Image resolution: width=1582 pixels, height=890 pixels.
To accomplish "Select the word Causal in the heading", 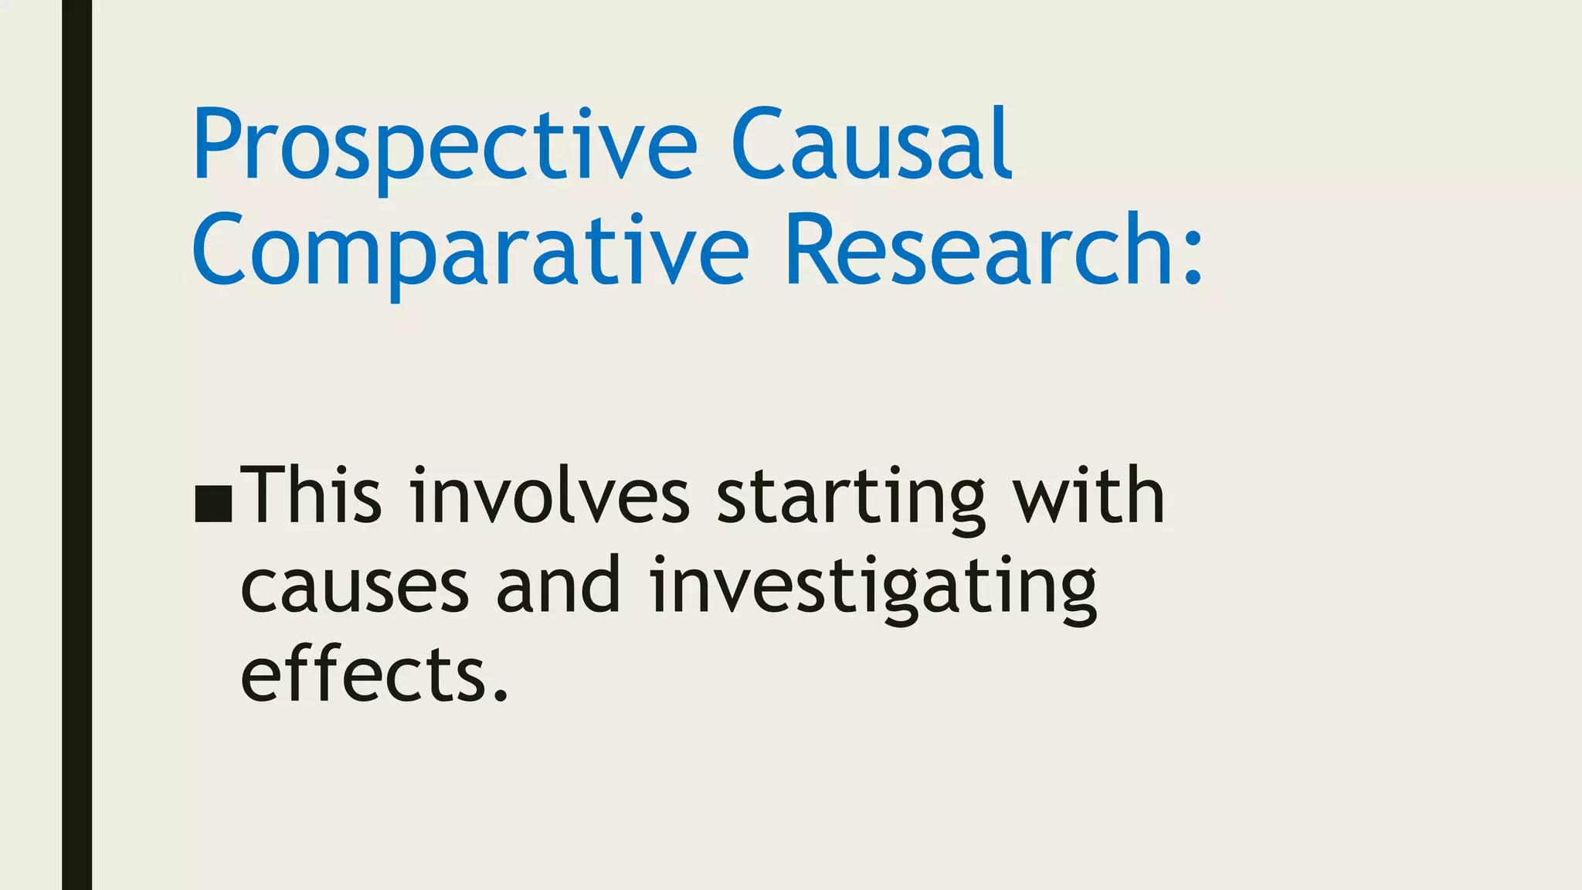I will click(871, 144).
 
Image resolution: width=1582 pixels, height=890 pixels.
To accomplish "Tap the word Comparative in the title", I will click(470, 252).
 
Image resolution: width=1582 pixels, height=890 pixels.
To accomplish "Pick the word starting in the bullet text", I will click(850, 498).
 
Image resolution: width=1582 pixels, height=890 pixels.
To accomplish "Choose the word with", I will click(1088, 495).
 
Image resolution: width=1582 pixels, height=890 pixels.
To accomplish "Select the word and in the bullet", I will click(558, 585).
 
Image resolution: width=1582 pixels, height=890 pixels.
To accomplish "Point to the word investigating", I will click(874, 588).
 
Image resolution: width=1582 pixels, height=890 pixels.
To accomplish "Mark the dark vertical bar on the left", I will click(76, 445).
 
